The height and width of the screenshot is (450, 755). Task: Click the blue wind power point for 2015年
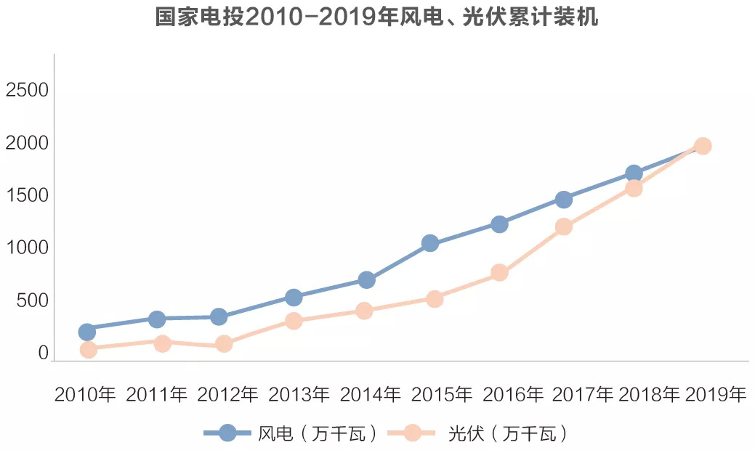click(430, 243)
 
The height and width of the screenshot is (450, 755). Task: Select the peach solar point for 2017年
click(564, 226)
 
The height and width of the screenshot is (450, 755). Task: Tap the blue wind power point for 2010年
click(87, 332)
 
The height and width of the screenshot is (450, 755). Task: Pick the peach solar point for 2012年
click(224, 343)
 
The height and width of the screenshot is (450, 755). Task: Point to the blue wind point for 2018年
click(634, 173)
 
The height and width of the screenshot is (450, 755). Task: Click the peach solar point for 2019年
click(703, 146)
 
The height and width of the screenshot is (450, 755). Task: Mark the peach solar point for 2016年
click(499, 272)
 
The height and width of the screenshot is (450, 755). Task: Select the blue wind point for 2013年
click(294, 297)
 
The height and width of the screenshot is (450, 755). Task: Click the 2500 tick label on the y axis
click(27, 91)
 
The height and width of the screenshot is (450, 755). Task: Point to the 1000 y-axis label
click(27, 248)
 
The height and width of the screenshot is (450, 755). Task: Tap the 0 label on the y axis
click(43, 353)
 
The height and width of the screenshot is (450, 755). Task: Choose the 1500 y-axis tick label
click(27, 196)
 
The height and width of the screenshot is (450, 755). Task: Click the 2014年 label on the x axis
click(371, 395)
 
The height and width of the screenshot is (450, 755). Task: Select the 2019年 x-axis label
click(715, 395)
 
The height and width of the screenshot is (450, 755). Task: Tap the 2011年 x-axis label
click(156, 395)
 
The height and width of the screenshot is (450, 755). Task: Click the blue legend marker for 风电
click(227, 433)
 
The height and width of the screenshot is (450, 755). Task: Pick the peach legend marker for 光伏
click(412, 433)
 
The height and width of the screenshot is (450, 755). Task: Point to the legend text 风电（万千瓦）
click(318, 434)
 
